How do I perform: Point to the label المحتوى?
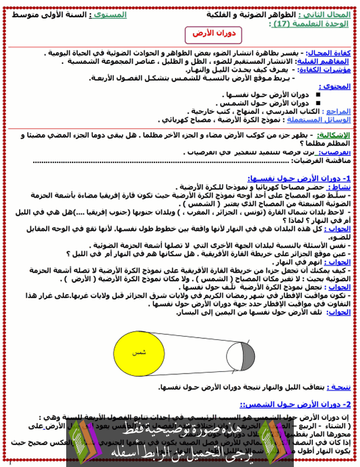[x=337, y=86]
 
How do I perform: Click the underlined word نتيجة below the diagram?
[x=338, y=386]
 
